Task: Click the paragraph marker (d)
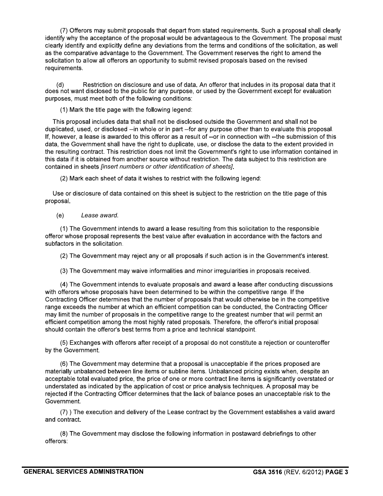(x=60, y=85)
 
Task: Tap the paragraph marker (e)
(x=60, y=216)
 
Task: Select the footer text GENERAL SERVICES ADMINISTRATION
(x=83, y=471)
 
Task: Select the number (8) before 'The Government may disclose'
(x=64, y=433)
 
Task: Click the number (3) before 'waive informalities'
(x=64, y=271)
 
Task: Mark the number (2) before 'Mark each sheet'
(x=64, y=179)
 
